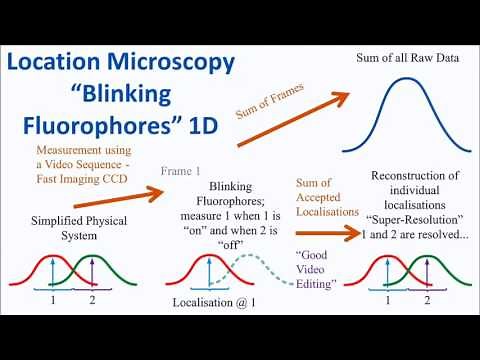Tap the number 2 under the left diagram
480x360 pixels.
(x=93, y=300)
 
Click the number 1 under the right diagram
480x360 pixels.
(x=380, y=300)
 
